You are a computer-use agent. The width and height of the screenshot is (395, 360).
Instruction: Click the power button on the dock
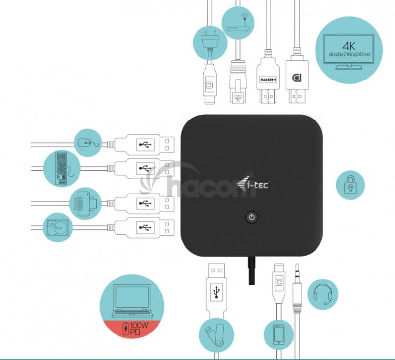(252, 217)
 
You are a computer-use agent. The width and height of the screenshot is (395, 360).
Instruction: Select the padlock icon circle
(350, 186)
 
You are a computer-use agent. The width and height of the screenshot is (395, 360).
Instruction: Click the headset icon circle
(322, 294)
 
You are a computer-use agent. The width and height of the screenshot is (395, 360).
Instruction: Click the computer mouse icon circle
(87, 143)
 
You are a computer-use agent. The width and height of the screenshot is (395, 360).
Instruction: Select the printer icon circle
(85, 201)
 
